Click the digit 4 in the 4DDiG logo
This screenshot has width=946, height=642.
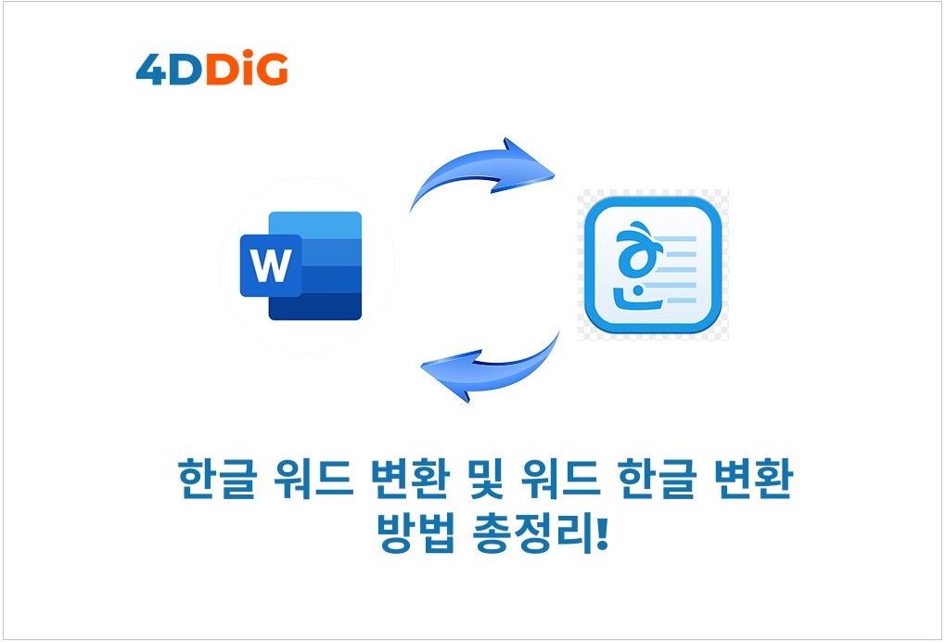[x=151, y=70]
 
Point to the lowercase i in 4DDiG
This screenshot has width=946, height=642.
[x=249, y=69]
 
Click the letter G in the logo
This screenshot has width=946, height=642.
[x=272, y=70]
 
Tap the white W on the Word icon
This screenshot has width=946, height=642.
[x=271, y=265]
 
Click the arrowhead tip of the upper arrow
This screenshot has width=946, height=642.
[x=554, y=177]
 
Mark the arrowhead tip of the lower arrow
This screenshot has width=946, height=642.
[x=422, y=366]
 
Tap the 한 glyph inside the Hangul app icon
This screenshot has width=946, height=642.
[x=637, y=266]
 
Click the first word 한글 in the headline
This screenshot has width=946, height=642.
[x=218, y=479]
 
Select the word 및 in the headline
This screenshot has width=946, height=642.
[x=485, y=479]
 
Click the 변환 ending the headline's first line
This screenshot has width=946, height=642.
[x=753, y=479]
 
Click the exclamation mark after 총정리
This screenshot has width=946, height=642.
[x=601, y=533]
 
